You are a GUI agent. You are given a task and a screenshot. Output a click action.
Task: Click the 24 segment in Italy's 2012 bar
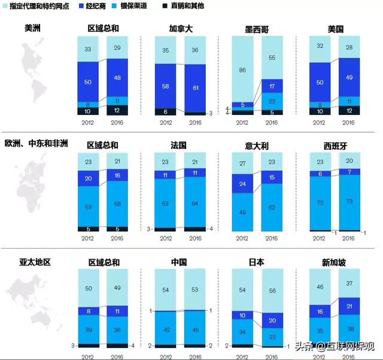[x=242, y=184]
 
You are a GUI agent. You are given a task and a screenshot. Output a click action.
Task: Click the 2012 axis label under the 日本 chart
[x=242, y=355]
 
